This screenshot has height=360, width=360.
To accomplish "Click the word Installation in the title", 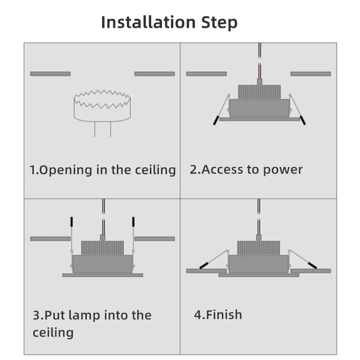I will coord(148,22).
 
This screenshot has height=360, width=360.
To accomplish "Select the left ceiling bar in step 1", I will coord(50,74).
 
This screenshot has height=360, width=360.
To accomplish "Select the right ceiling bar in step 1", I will coord(154,74).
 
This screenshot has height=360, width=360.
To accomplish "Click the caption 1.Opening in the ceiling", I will coord(103,170).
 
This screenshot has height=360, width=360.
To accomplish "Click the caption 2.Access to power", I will coord(246,170).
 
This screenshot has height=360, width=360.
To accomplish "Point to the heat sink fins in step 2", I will coord(259,92).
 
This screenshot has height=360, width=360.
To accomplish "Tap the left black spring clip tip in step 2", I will coord(216,120).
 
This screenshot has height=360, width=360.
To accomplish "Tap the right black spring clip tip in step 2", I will coord(303,120).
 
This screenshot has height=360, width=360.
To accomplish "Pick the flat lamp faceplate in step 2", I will coord(259,119).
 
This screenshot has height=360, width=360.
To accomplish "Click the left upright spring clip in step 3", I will coord(71,222).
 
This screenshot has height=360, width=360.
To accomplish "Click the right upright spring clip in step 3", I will coord(133,222).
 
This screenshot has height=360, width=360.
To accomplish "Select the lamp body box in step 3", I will coord(102,264).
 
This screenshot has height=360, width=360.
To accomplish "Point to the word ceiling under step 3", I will coord(53,333).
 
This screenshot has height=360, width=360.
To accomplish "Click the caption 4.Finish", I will coord(218,315).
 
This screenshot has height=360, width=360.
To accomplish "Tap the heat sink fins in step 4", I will coord(259,248).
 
